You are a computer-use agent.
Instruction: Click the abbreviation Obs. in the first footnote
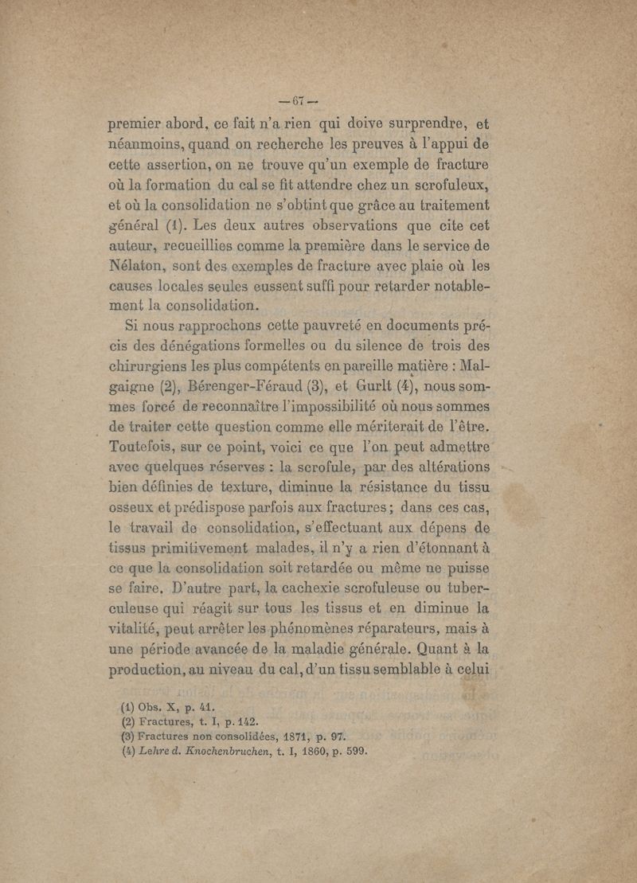pyautogui.click(x=149, y=706)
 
